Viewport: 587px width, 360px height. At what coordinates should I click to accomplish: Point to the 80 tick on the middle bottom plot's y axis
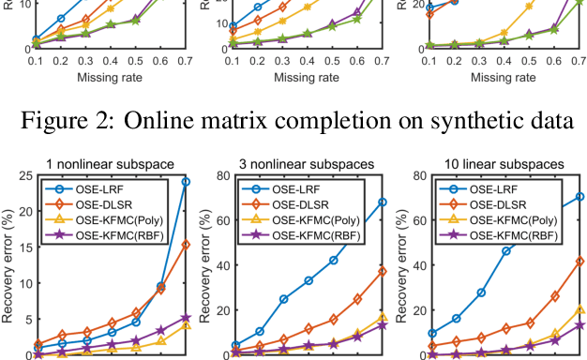click(225, 175)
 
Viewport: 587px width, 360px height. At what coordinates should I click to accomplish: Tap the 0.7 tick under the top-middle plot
click(382, 60)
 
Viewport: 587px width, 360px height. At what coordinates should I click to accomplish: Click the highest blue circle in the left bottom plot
click(186, 182)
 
